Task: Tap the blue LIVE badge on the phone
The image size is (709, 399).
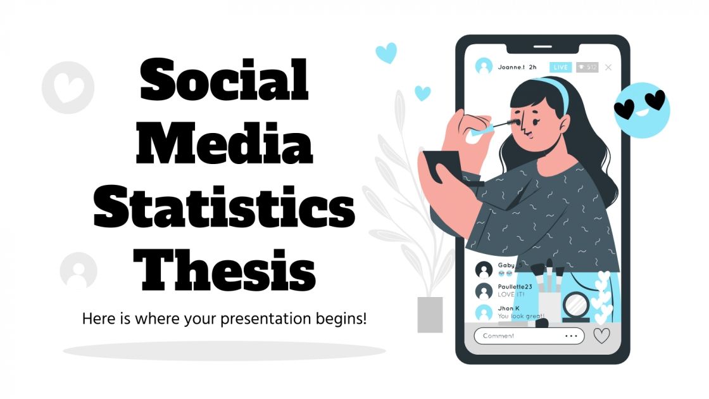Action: (560, 66)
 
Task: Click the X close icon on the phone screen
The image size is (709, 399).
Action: (608, 66)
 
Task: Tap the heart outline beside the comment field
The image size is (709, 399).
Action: (601, 336)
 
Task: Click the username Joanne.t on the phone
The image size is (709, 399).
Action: (511, 66)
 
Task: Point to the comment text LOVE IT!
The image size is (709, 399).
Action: (511, 295)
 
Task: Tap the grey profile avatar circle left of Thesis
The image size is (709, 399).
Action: (78, 270)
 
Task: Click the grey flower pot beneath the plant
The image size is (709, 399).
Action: (430, 314)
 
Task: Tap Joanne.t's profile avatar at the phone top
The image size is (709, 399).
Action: (484, 66)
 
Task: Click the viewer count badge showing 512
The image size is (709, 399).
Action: (587, 66)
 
